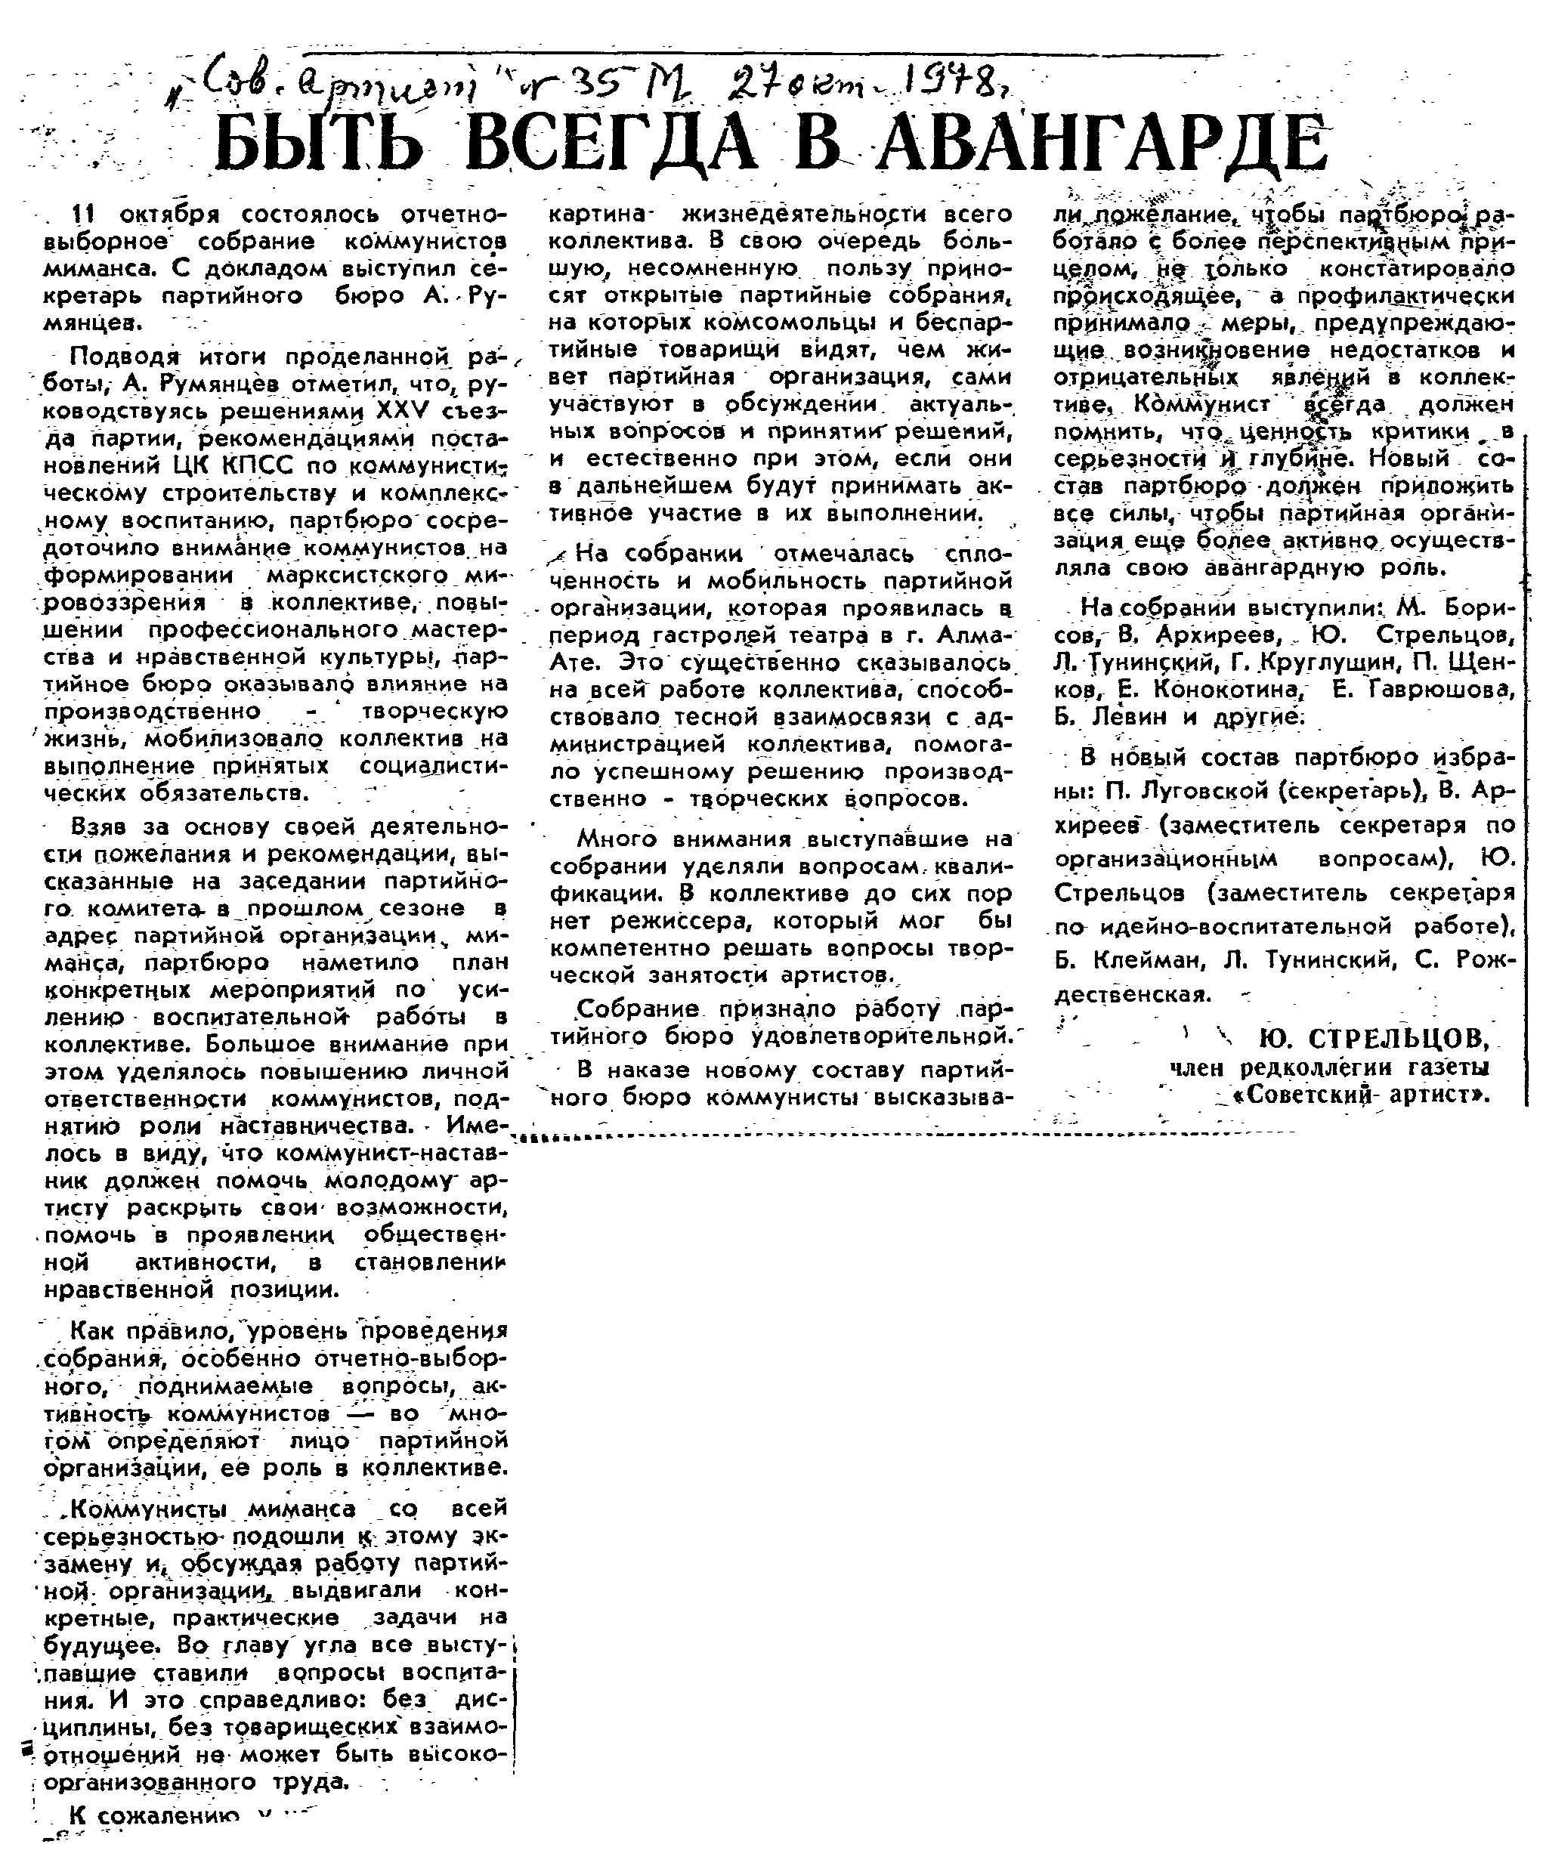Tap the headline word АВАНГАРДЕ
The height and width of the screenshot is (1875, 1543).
[x=1102, y=145]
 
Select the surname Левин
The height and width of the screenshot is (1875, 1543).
[x=1133, y=716]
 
